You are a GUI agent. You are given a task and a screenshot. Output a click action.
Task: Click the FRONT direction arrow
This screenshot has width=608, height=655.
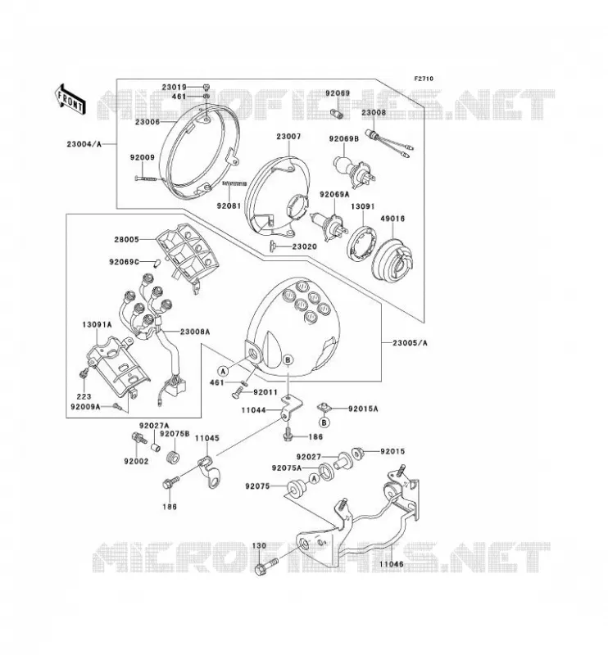pos(70,99)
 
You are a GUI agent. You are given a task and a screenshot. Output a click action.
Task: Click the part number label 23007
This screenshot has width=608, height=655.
pos(288,136)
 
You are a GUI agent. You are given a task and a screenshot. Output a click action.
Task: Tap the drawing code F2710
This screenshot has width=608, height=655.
pos(424,79)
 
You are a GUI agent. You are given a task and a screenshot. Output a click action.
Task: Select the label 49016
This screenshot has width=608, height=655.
pos(392,218)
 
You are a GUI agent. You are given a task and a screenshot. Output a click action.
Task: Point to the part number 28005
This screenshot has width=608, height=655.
pos(126,239)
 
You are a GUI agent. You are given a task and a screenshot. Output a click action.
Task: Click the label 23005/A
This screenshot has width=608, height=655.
pos(410,343)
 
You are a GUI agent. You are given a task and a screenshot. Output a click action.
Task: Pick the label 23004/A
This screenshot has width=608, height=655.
pos(84,145)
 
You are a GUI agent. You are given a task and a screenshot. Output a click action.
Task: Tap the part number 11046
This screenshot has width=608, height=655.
pos(392,564)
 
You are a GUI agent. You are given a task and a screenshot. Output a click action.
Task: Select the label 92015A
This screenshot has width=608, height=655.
pos(363,409)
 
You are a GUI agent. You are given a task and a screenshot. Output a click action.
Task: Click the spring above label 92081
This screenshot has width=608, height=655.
pos(234,183)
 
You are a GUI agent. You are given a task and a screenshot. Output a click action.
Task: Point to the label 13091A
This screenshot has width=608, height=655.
pos(97,324)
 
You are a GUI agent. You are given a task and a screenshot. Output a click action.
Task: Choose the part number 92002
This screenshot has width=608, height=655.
pos(136,461)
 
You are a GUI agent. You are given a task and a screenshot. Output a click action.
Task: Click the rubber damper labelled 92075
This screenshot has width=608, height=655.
pos(296,489)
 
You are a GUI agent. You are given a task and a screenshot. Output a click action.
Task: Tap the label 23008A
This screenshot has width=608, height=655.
pos(195,332)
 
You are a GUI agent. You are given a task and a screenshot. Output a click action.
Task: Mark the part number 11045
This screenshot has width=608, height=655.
pos(207,438)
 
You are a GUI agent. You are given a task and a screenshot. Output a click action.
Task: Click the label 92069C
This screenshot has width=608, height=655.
pos(124,262)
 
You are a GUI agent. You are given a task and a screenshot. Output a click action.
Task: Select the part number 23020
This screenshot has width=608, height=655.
pos(305,246)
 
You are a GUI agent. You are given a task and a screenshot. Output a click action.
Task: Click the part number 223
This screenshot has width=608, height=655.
pos(84,396)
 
